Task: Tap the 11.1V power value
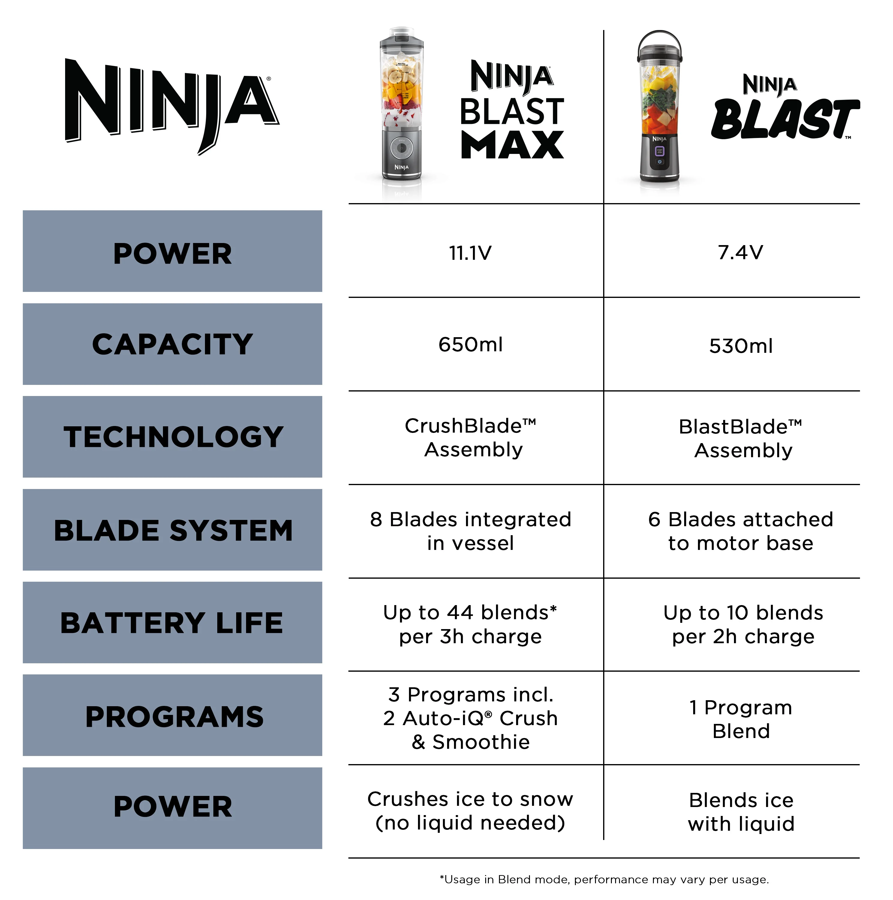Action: tap(470, 253)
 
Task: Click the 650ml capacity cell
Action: tap(471, 345)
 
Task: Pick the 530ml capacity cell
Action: tap(741, 346)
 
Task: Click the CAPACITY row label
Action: tap(172, 344)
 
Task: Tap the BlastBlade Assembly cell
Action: tap(741, 438)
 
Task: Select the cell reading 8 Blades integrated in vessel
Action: tap(471, 531)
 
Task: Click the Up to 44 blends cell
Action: tap(470, 624)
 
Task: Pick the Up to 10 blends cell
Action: tap(743, 624)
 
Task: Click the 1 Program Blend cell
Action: tap(741, 719)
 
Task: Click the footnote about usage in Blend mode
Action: tap(604, 880)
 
